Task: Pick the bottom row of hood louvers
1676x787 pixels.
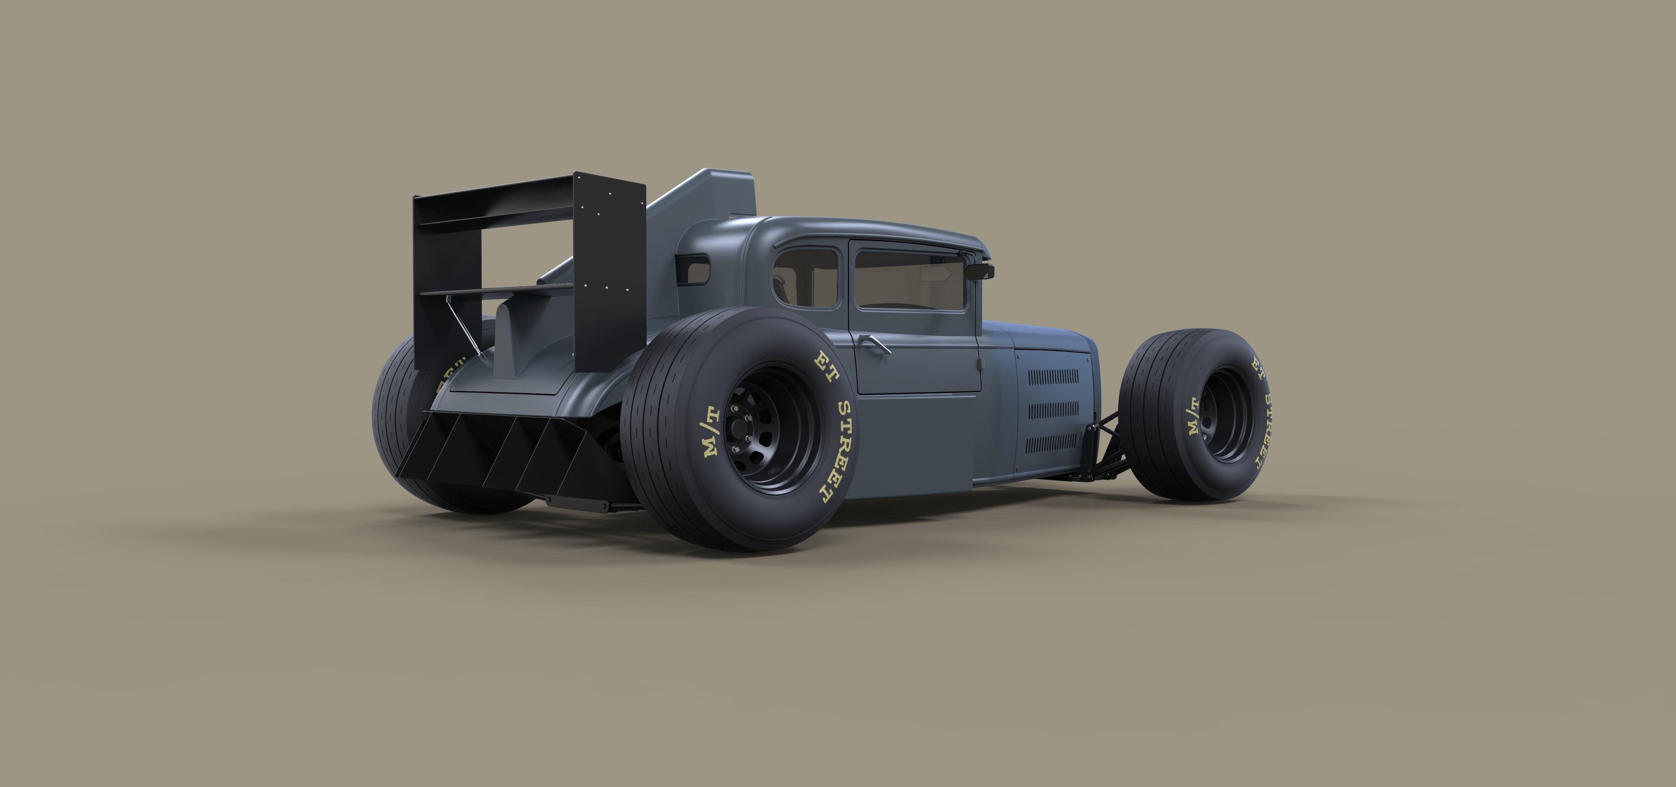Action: [1051, 444]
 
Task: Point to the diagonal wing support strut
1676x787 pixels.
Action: [463, 325]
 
